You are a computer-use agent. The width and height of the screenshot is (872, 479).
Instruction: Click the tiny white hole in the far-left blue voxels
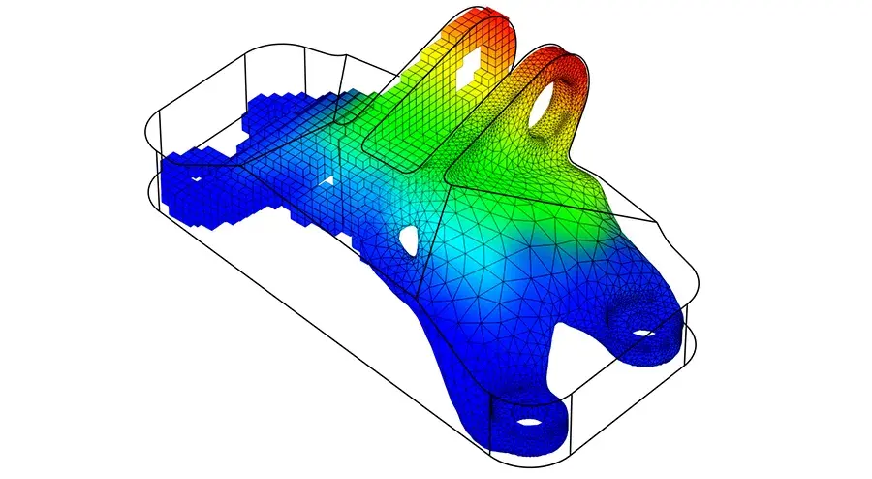click(195, 178)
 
